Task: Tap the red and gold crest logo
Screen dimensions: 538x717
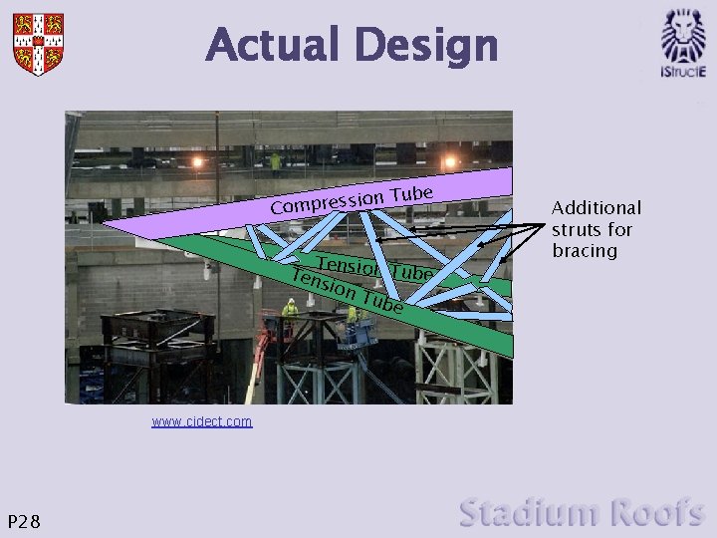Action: coord(38,43)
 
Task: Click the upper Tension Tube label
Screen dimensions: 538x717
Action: coord(374,268)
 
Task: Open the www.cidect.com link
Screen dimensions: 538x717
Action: coord(202,421)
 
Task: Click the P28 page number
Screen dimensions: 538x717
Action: coord(24,520)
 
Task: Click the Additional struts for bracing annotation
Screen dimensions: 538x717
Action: coord(597,229)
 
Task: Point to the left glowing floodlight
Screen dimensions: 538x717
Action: coord(197,162)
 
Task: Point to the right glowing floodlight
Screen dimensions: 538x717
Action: coord(450,161)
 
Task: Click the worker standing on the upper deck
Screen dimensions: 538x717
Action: coord(276,161)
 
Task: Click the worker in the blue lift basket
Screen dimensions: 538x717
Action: coord(353,316)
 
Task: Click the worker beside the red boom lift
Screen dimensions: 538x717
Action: coord(290,311)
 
